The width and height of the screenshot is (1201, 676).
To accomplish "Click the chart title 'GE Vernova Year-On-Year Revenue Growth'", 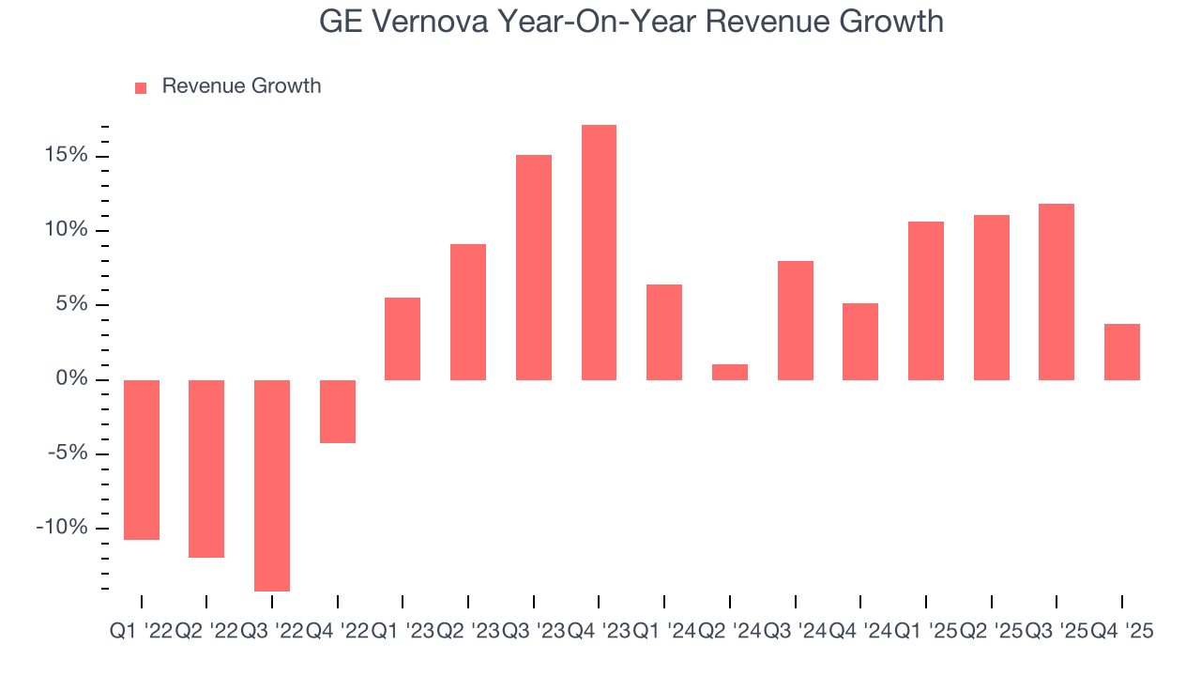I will [x=631, y=21].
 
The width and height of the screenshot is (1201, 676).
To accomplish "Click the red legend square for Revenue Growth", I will [x=141, y=87].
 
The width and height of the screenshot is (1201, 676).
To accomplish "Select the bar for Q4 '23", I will [x=599, y=252].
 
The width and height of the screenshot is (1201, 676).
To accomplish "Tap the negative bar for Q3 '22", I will [x=272, y=484].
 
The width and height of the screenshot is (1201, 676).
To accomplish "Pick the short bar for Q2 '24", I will [x=730, y=372].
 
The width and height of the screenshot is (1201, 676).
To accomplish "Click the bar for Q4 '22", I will [x=338, y=411].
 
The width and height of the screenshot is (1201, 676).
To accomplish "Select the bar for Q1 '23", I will [x=403, y=338].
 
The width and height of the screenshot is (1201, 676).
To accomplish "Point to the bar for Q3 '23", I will [x=534, y=267].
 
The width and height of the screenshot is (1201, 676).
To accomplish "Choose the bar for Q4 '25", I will [x=1122, y=351].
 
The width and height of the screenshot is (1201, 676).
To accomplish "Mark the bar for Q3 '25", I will [x=1057, y=291].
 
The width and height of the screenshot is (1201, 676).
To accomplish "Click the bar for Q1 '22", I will [x=142, y=459].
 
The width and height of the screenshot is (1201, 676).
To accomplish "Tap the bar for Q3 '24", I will [x=796, y=319].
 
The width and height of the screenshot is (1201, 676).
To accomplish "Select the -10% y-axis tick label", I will [x=64, y=528].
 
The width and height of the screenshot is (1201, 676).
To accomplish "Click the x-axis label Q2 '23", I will [x=468, y=632].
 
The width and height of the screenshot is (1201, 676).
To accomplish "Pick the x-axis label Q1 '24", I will [x=664, y=632].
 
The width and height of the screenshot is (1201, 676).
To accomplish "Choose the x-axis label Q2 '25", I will [x=992, y=632].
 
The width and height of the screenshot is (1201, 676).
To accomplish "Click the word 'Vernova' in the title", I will [x=428, y=21].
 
